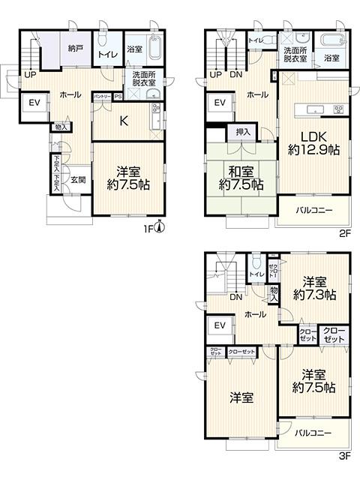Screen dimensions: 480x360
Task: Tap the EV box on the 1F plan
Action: point(34,103)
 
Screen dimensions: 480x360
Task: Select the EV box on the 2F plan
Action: point(220,103)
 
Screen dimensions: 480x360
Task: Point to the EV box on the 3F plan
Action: point(220,325)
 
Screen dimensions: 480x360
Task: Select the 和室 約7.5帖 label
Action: point(240,176)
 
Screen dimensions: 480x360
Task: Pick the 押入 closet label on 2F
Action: point(243,131)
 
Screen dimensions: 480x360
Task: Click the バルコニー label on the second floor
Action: point(314,210)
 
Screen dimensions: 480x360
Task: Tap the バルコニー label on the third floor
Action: point(313,432)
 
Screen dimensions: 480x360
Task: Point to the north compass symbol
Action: point(158,230)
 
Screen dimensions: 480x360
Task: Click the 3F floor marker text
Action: point(345,455)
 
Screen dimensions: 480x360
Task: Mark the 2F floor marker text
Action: point(345,233)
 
